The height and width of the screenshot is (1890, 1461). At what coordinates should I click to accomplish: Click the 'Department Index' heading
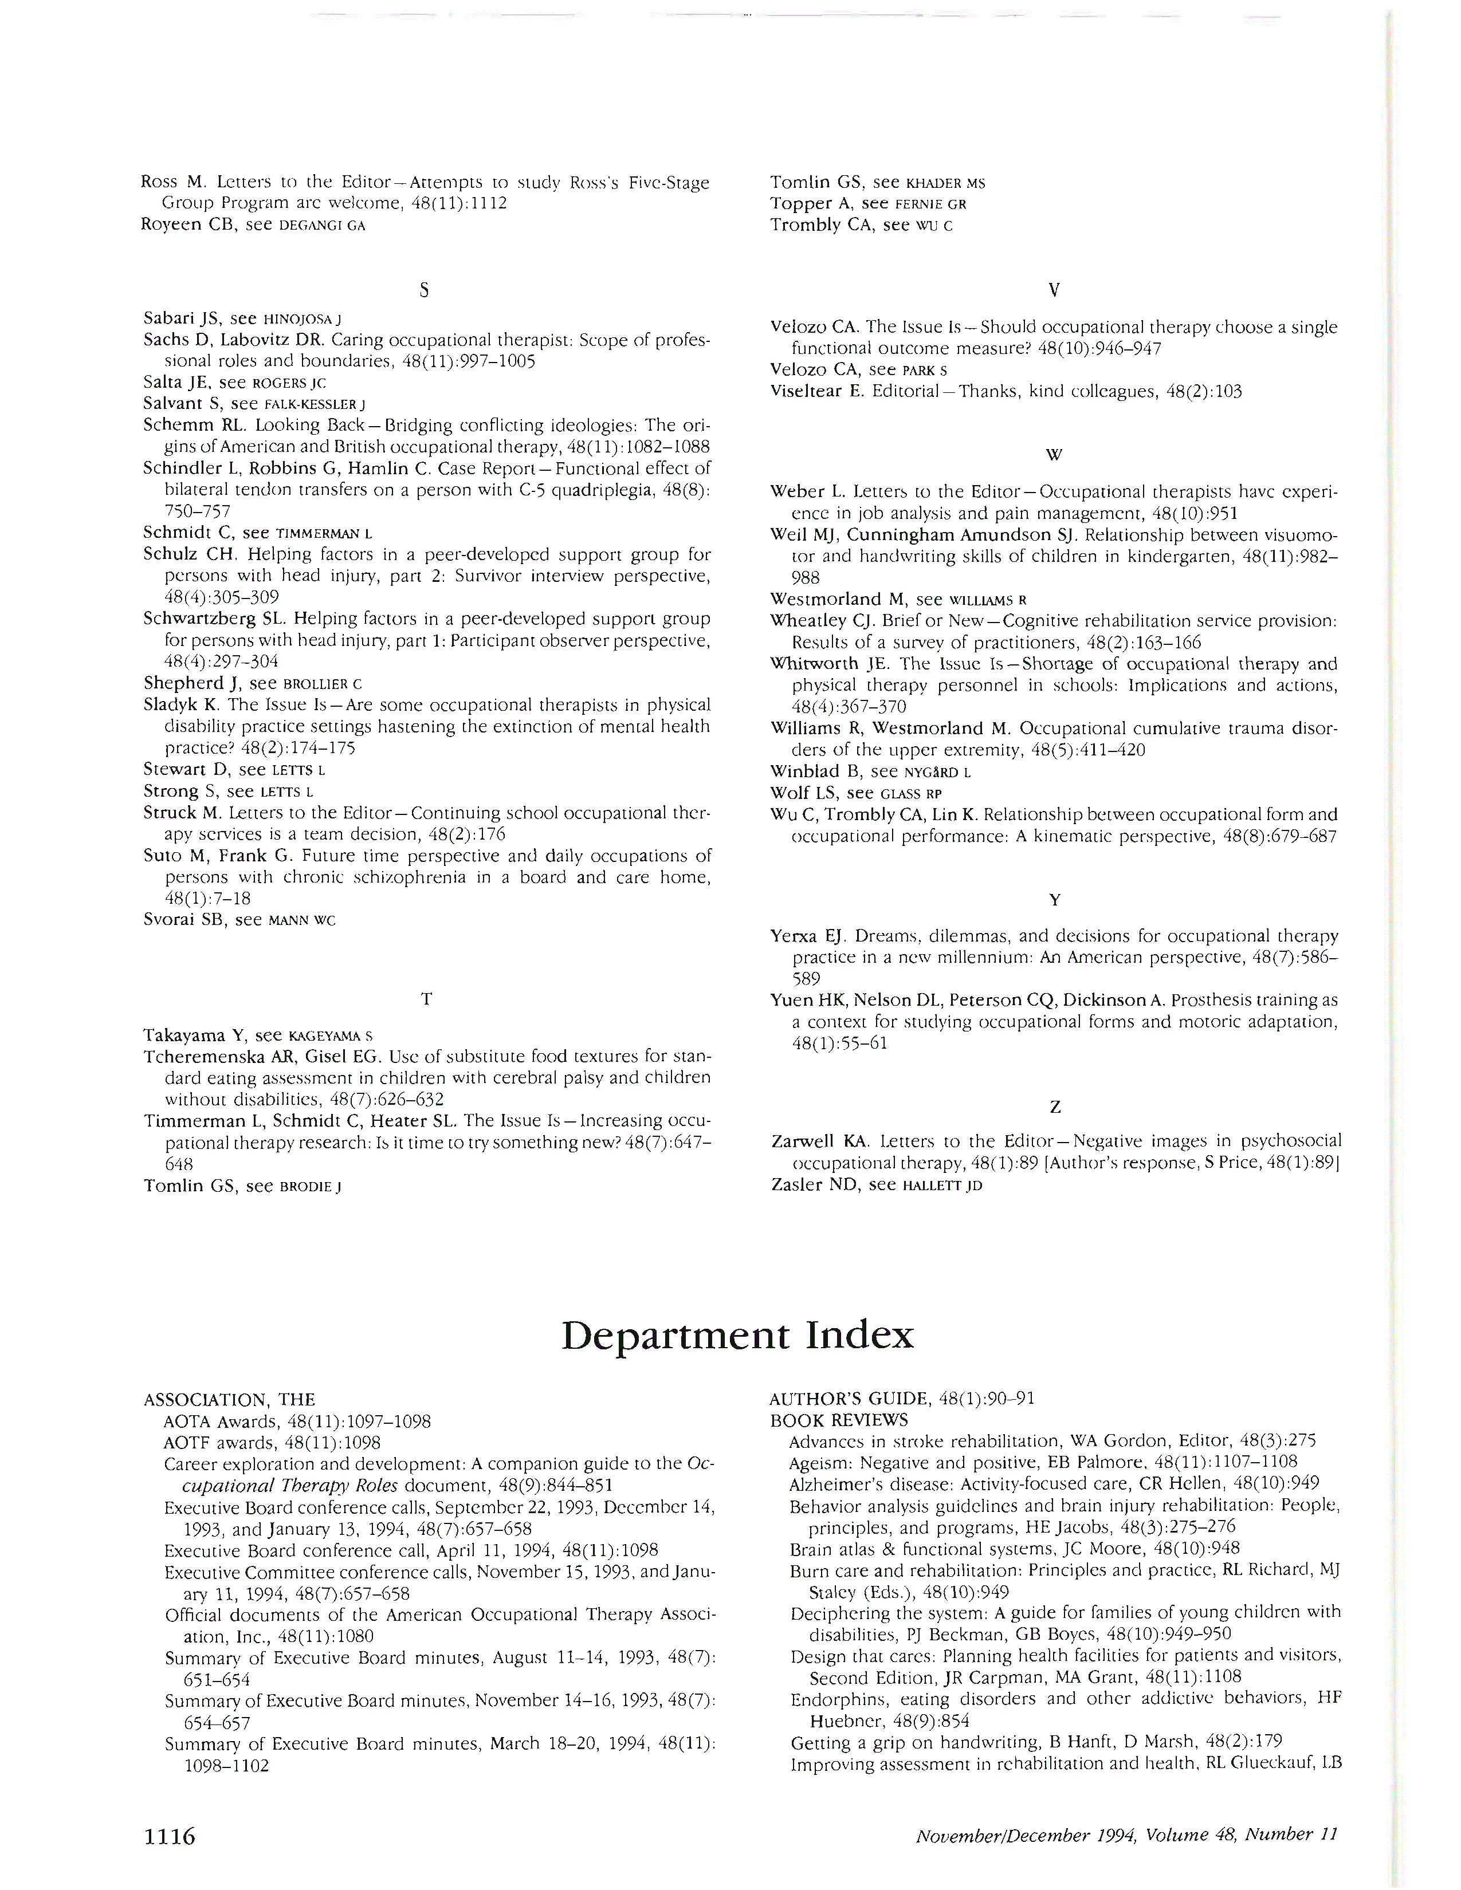tap(737, 1335)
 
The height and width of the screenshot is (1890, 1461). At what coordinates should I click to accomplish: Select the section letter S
tap(424, 291)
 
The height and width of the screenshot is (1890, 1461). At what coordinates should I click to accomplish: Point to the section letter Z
tap(1054, 1107)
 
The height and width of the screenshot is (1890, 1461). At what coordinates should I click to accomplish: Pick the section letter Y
tap(1054, 900)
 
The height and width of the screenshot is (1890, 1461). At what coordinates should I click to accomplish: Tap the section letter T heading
tap(426, 999)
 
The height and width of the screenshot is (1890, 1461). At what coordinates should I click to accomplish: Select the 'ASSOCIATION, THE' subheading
tap(229, 1399)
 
